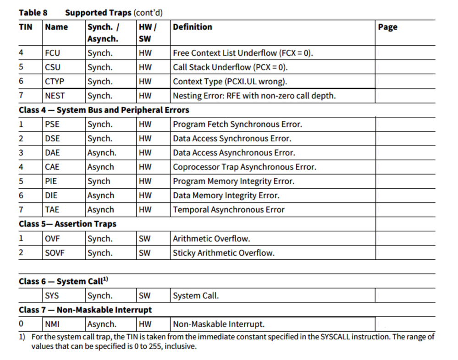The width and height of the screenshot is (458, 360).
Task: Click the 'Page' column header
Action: tap(387, 27)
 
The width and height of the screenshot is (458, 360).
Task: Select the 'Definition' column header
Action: tap(193, 27)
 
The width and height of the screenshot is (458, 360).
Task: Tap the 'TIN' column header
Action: tap(26, 27)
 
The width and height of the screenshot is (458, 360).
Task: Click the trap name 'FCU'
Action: tap(52, 53)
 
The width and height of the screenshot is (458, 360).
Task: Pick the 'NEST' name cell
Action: tap(55, 96)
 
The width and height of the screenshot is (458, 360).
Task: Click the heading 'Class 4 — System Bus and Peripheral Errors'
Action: tap(104, 110)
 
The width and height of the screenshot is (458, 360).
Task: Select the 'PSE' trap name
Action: tap(52, 124)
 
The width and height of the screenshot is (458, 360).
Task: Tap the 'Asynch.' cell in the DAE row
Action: tap(102, 153)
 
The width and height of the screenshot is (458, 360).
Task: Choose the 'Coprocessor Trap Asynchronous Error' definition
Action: tap(244, 167)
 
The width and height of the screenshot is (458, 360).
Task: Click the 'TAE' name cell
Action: tap(52, 210)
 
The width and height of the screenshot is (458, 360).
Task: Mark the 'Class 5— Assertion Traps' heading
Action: tap(67, 224)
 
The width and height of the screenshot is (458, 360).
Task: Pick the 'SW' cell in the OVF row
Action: tap(144, 239)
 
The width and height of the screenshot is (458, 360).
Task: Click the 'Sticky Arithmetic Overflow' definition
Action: tap(224, 253)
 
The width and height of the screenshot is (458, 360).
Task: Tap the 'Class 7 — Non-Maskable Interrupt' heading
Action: tap(85, 310)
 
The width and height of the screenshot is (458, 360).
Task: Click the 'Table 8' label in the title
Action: tap(33, 12)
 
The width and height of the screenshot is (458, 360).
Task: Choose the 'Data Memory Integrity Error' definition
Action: tap(226, 196)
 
